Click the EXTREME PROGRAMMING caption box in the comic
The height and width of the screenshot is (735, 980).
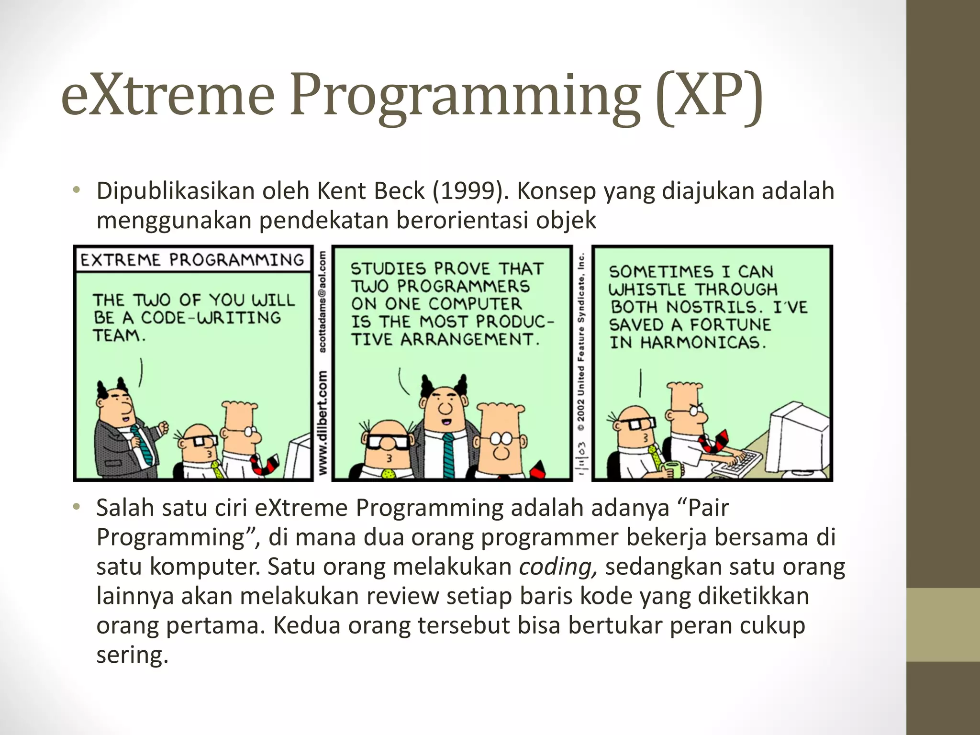192,260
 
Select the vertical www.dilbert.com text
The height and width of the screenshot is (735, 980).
323,423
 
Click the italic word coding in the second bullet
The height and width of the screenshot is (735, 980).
557,567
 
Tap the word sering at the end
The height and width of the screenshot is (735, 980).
132,655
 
